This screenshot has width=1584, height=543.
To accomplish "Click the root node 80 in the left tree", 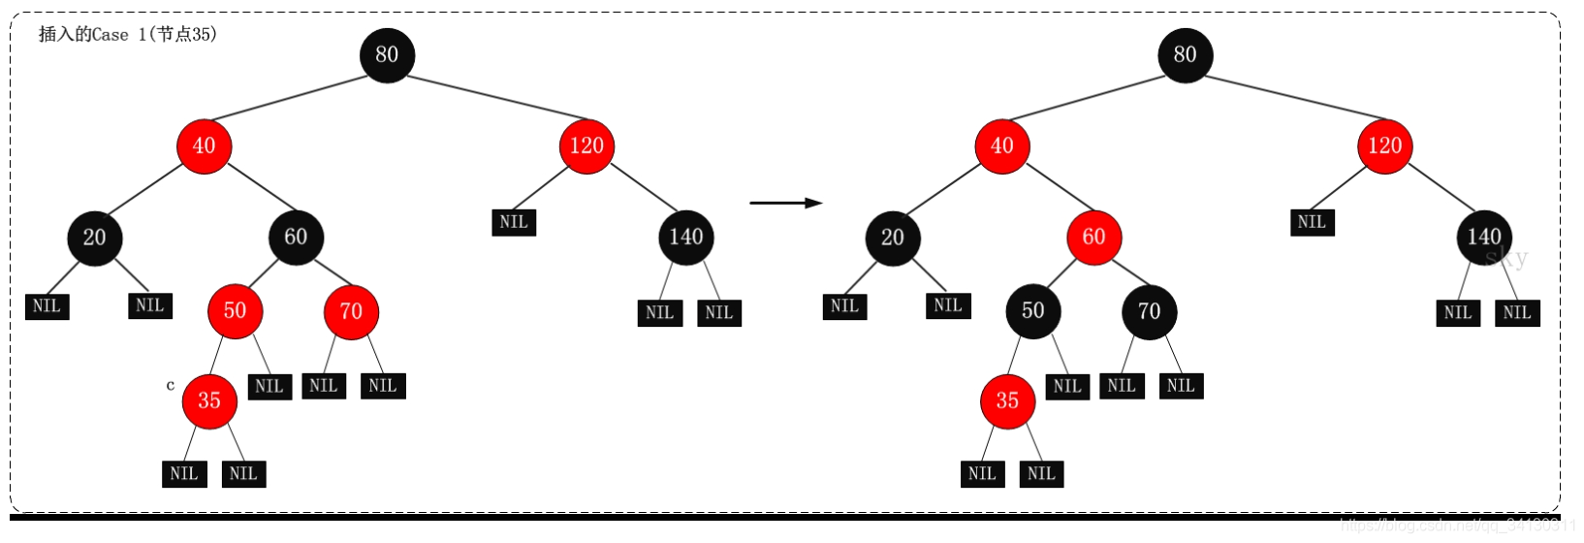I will pos(387,55).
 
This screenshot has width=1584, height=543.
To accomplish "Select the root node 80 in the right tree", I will pos(1185,55).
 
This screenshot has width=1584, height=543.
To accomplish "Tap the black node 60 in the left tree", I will pos(296,238).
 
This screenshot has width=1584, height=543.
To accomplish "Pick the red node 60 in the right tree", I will pos(1093,238).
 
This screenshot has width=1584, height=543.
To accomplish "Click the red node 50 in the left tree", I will pos(235,311).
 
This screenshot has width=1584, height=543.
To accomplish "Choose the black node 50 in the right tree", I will pos(1032,311).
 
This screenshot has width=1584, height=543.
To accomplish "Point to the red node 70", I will pos(351,311).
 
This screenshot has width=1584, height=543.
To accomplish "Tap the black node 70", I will pos(1149,311).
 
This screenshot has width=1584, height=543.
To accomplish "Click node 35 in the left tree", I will pos(209,401).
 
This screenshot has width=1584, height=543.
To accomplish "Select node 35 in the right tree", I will pos(1007,401).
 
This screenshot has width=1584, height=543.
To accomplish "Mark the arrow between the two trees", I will pos(785,203).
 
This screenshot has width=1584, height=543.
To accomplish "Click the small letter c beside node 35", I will pos(171,385).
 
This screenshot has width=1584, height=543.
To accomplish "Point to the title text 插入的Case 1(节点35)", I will pos(127,34).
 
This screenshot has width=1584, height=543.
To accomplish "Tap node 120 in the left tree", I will pos(586,146).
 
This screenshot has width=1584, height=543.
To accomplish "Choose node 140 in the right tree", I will pos(1483,238).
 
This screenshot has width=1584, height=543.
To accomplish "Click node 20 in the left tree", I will pos(94,238).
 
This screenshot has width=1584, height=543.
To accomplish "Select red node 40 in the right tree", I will pos(1001,146).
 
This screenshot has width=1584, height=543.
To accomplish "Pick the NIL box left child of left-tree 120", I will pos(514,222).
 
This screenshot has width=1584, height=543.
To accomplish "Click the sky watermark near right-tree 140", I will pos(1506,258).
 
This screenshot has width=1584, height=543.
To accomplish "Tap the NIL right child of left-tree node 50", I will pos(269,386).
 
